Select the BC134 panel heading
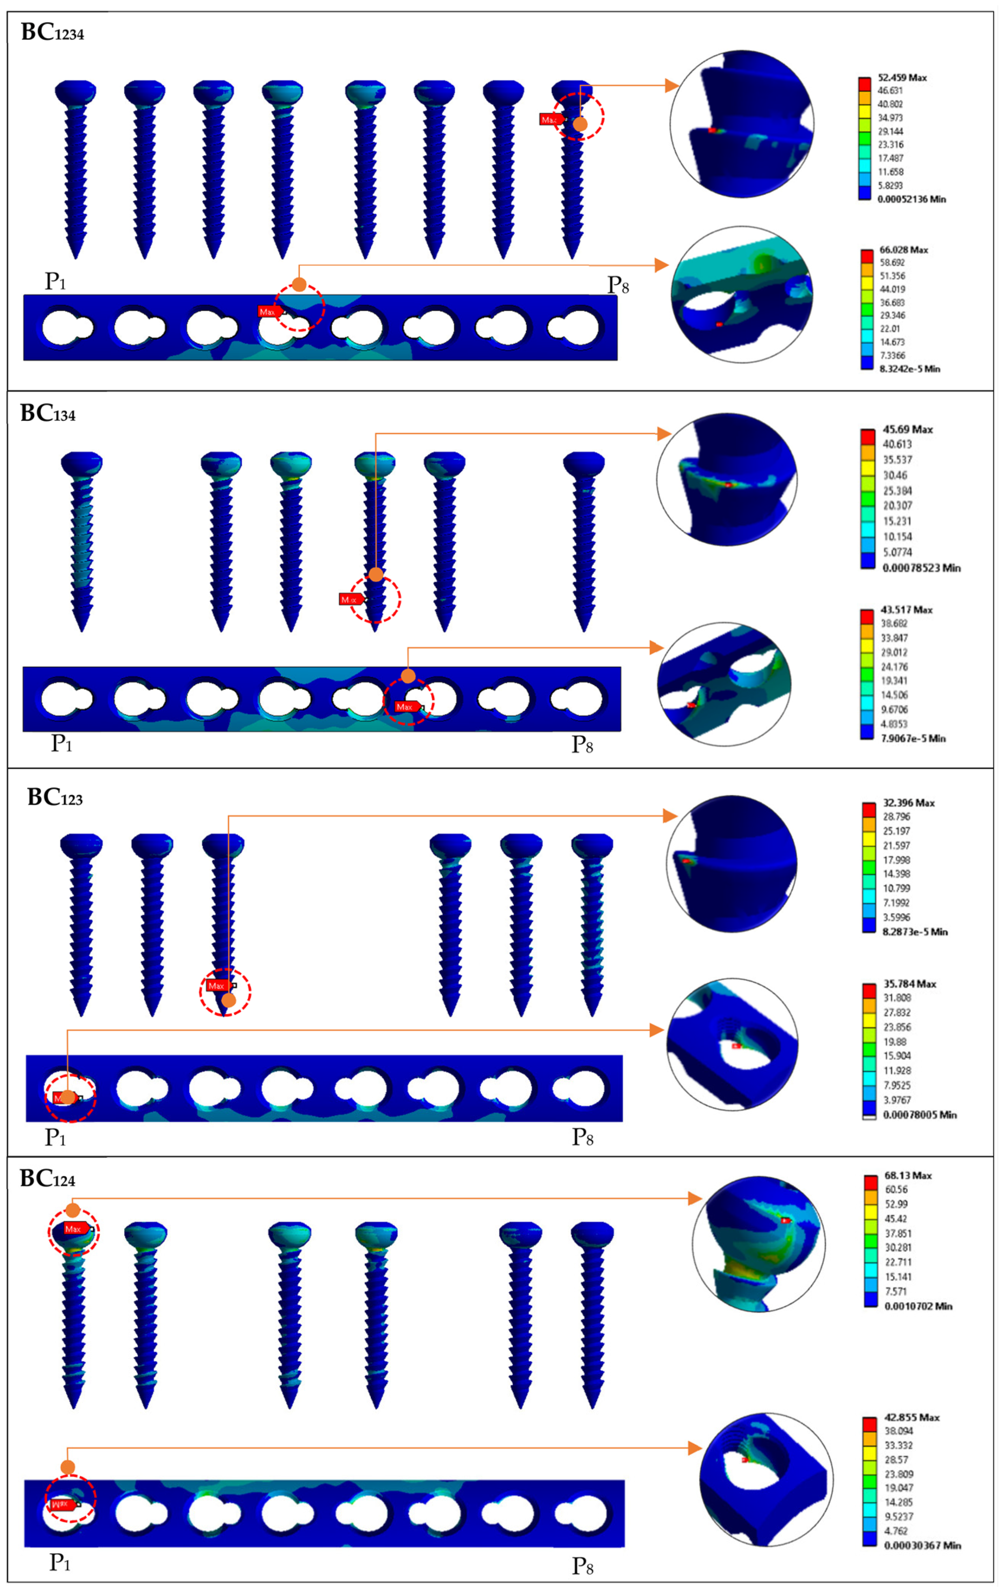point(47,414)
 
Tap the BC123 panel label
point(55,798)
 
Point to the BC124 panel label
point(47,1178)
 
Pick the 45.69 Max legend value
point(907,429)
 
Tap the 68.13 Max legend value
point(907,1175)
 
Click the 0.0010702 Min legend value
point(918,1306)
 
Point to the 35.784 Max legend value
point(909,984)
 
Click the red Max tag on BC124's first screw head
point(74,1229)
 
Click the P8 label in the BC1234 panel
point(617,285)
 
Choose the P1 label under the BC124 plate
point(60,1562)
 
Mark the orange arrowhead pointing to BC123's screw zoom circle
point(670,816)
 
